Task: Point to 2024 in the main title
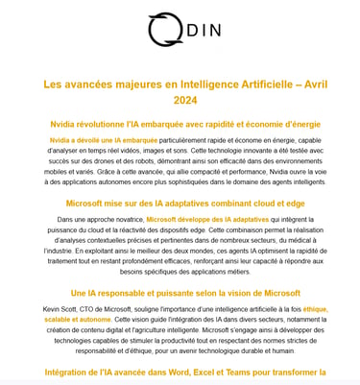180,100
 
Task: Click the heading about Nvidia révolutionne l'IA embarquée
180,125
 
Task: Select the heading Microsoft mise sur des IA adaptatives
180,203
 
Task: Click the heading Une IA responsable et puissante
180,292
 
